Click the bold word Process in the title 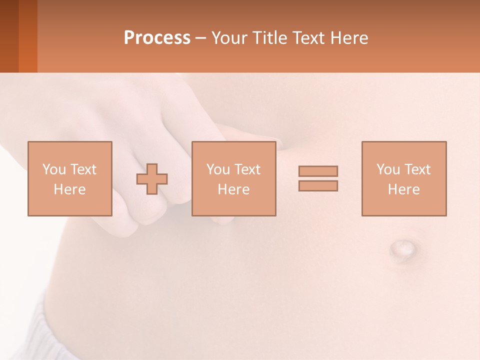[x=157, y=38]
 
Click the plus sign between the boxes [x=152, y=179]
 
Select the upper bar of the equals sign [x=318, y=171]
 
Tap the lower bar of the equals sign [x=318, y=185]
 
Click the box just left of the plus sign [x=70, y=178]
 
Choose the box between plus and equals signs [x=233, y=178]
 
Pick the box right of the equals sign [x=404, y=178]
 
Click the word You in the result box [x=388, y=169]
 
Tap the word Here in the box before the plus [x=69, y=189]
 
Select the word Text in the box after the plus [x=247, y=169]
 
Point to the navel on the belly [x=403, y=248]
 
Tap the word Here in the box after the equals [x=403, y=189]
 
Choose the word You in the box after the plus [x=218, y=169]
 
